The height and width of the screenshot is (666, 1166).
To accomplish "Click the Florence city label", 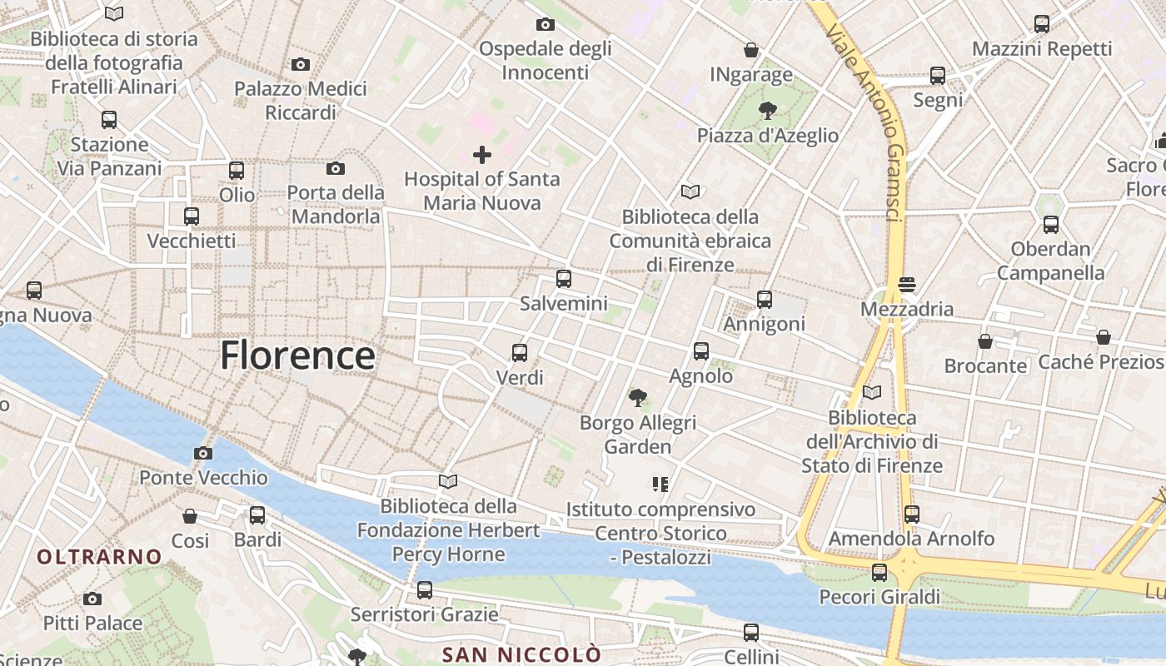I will click(x=297, y=355).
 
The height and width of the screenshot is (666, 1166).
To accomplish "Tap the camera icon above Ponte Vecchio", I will click(x=202, y=454).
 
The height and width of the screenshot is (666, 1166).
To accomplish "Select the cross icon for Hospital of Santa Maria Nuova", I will click(x=481, y=155).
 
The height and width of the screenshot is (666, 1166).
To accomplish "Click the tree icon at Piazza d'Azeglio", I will click(x=767, y=110).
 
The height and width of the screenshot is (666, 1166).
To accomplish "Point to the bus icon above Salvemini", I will click(x=564, y=279).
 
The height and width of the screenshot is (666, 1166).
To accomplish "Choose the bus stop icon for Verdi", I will click(x=520, y=353).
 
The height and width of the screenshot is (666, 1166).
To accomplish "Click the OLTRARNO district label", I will click(x=99, y=556).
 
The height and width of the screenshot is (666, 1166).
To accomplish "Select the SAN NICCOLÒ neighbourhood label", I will click(x=521, y=654).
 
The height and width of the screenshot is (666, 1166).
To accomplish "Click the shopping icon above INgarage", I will click(x=751, y=50).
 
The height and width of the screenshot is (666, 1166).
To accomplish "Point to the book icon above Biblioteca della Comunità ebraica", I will click(x=690, y=192).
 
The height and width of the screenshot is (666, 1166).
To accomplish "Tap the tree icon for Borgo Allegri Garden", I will click(x=638, y=398).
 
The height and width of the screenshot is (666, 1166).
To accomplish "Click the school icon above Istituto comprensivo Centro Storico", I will click(x=660, y=484).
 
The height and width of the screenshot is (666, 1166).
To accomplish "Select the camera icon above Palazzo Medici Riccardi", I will click(x=301, y=64).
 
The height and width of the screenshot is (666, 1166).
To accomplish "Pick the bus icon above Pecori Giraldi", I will click(x=879, y=573).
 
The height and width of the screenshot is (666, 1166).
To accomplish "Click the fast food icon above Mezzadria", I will click(x=907, y=285).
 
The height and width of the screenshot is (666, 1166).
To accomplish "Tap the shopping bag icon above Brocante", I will click(x=985, y=341).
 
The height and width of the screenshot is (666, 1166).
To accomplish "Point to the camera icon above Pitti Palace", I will click(x=92, y=599).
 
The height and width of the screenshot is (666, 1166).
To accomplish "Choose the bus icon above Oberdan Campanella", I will click(x=1050, y=225).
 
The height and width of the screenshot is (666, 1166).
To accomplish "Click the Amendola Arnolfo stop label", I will click(x=911, y=539).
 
